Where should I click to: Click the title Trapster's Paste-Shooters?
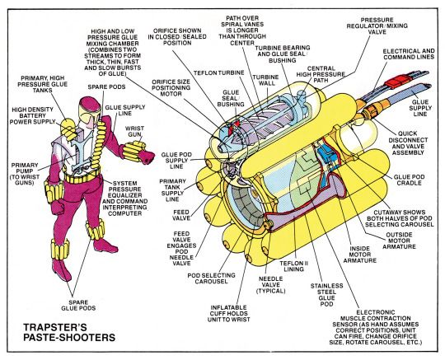pos(69,332)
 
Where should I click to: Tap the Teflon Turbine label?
pos(219,73)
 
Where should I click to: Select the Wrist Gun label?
pos(134,131)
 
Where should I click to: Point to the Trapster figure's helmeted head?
pos(89,105)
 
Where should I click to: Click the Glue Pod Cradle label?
pos(409,180)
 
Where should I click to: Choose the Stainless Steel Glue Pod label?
pos(326,295)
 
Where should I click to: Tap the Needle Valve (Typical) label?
pos(271,285)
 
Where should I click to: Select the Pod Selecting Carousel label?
pos(211,278)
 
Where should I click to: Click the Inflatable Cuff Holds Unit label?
pos(228,314)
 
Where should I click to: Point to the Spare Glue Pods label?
pos(78,306)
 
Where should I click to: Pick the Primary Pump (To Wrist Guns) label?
pos(25,174)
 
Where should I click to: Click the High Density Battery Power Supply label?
pos(32,115)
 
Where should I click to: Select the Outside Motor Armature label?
pos(399,241)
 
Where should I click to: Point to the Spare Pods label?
pos(106,86)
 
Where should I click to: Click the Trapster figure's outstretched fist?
pos(147,157)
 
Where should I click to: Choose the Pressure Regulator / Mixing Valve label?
pos(377,26)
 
